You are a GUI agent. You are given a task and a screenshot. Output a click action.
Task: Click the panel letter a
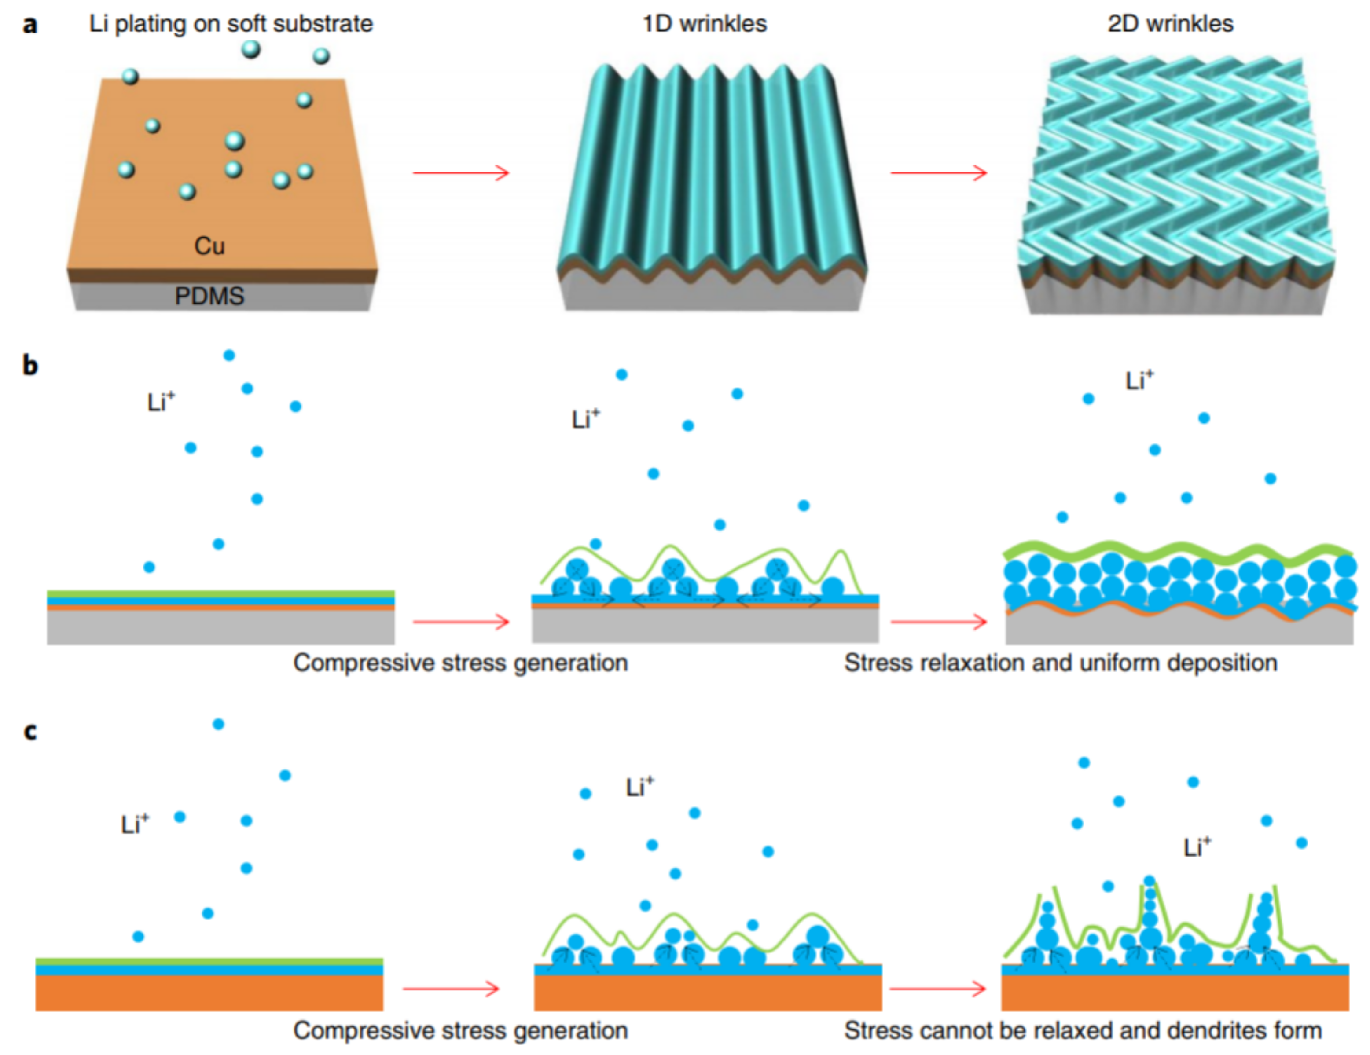coord(29,25)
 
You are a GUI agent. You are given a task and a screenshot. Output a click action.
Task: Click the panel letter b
coord(29,365)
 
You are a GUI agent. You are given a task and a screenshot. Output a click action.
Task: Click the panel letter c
coord(29,731)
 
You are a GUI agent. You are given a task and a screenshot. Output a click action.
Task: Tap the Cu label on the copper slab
coord(209,246)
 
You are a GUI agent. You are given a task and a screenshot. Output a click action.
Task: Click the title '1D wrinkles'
coord(704,24)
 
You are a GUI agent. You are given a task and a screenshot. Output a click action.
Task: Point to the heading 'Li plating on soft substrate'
coord(231,24)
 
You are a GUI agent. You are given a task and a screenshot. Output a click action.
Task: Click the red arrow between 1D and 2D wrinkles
coord(938,172)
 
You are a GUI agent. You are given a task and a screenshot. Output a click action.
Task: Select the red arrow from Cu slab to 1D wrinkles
coord(461,172)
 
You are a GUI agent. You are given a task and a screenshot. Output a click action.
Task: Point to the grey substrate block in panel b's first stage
coord(221,626)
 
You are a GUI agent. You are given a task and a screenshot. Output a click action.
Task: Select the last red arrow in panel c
coord(938,989)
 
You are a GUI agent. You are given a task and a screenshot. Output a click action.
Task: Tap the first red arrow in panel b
coord(461,622)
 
